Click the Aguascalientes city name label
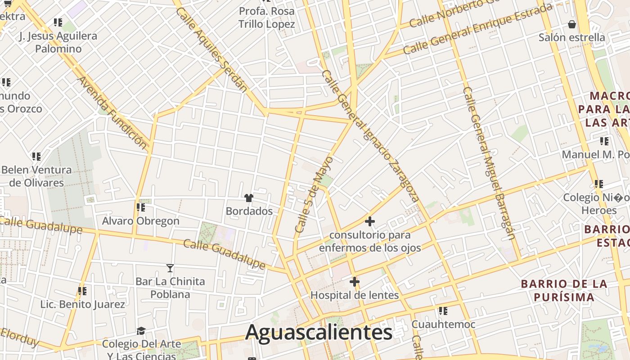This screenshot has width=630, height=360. (319, 333)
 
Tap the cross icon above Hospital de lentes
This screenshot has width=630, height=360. (355, 282)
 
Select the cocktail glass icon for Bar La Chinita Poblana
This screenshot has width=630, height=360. (170, 268)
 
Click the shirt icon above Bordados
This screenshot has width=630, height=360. (248, 198)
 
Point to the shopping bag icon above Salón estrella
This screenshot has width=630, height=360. (572, 24)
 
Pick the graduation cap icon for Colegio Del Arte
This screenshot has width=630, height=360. (141, 331)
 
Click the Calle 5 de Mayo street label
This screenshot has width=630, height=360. (314, 194)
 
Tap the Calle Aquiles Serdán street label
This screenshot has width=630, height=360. (211, 49)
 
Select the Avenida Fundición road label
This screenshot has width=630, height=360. (112, 112)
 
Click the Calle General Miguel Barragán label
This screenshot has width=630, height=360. (488, 162)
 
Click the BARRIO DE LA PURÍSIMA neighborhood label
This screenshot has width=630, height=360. (564, 290)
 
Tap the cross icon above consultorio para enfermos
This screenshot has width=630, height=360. (370, 221)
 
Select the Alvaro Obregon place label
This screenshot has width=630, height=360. (140, 221)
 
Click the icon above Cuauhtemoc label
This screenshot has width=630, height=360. (443, 311)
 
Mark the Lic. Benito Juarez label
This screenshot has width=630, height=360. (83, 304)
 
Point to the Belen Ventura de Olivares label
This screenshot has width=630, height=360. (36, 176)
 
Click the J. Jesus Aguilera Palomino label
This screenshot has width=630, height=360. (58, 42)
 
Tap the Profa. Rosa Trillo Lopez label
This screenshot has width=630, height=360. (267, 17)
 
